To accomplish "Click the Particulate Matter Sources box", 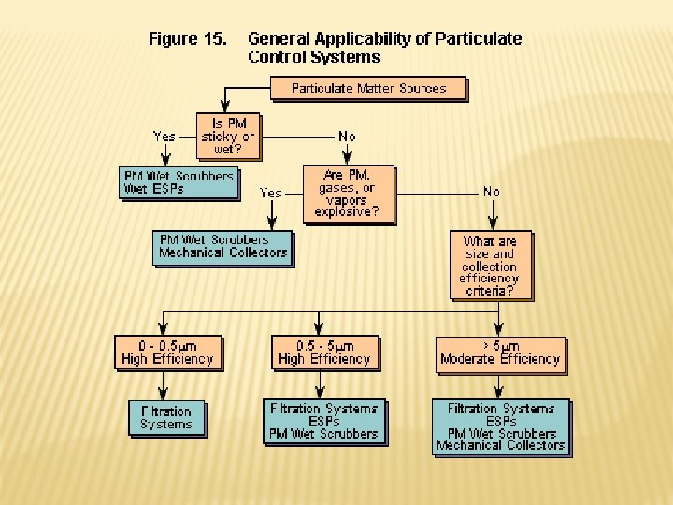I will click(368, 89).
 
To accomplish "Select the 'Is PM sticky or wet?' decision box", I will click(228, 137).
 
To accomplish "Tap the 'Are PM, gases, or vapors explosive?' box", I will click(349, 194).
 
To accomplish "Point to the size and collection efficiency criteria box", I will click(490, 266).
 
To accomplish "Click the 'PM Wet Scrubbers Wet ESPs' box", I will click(179, 182).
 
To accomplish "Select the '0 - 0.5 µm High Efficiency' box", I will click(168, 353).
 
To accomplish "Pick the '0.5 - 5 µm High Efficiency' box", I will click(324, 353).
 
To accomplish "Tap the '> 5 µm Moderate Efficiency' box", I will click(500, 353).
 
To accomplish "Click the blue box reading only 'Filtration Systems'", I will click(165, 418).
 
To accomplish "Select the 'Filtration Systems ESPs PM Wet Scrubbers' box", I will click(323, 421).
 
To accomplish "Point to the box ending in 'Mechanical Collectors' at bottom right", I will click(500, 426).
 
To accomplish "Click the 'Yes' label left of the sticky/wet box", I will click(164, 137).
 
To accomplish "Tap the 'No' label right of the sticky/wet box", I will click(347, 137).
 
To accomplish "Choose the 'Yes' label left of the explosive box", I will click(270, 193).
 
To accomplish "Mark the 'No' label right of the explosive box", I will click(491, 192).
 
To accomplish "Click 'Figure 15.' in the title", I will click(188, 39).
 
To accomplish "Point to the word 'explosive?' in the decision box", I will click(347, 211).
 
